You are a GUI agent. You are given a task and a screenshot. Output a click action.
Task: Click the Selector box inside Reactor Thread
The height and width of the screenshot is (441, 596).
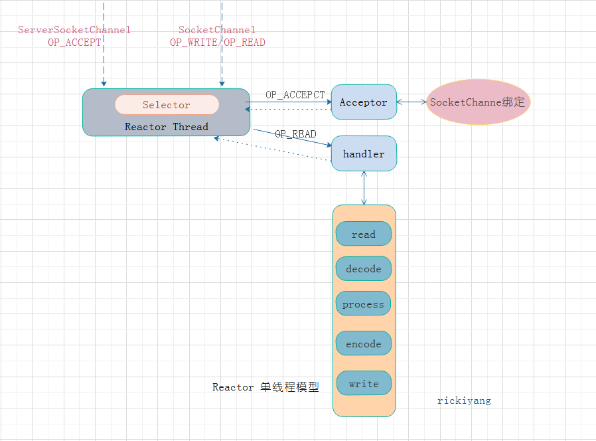click(167, 105)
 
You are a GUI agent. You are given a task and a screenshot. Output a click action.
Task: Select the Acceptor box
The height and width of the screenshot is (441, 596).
click(363, 102)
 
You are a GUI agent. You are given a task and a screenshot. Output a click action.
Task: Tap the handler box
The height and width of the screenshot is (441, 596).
click(364, 153)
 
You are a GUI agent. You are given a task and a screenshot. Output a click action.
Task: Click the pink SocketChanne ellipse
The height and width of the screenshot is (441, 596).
click(478, 102)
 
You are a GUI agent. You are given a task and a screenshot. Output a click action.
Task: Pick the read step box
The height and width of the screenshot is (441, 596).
click(364, 234)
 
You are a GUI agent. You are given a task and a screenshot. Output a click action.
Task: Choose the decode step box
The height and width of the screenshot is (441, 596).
click(364, 269)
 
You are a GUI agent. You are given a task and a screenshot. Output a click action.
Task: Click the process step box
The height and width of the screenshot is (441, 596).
click(363, 304)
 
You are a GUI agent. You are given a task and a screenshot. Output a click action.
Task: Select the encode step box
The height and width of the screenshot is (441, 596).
click(364, 343)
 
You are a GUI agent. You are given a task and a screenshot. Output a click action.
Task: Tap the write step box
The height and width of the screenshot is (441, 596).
click(364, 383)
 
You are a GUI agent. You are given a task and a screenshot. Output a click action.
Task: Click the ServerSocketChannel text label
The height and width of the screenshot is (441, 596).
click(74, 30)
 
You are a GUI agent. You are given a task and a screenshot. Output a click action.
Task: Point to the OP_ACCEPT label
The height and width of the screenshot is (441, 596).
click(74, 42)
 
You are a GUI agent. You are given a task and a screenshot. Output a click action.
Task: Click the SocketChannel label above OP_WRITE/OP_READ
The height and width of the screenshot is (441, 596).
click(217, 30)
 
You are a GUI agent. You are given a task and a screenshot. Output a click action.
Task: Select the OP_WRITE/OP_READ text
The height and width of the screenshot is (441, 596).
click(218, 42)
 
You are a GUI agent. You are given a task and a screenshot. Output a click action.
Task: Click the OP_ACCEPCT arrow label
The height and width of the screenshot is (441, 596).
click(295, 95)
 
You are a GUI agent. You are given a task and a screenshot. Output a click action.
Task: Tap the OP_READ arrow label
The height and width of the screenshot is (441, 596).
click(295, 133)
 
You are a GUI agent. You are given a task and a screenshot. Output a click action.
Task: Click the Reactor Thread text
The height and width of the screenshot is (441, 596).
click(167, 126)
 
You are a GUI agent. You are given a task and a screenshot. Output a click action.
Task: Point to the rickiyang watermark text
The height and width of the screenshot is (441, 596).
click(464, 400)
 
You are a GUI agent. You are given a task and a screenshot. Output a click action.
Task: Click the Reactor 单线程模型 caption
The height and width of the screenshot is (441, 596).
click(265, 387)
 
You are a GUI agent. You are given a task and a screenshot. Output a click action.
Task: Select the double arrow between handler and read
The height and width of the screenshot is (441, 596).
click(364, 188)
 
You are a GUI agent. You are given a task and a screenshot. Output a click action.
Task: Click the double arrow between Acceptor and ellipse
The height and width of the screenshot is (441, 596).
click(411, 102)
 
